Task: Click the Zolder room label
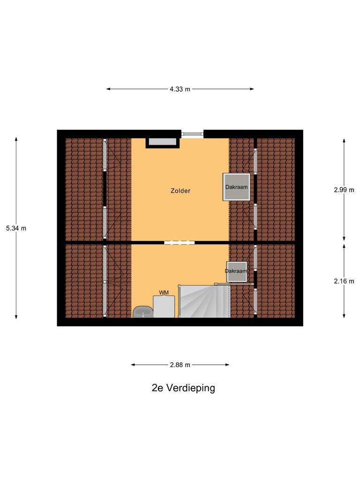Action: coord(180,191)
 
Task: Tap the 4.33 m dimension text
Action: coord(180,89)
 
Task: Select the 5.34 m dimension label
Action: coord(16,228)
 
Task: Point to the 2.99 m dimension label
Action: coord(344,190)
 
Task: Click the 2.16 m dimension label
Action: coord(344,281)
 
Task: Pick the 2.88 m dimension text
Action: coord(180,365)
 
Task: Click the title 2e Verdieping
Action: coord(183,388)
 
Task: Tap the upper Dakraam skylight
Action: coord(236,187)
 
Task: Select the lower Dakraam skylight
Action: coord(236,271)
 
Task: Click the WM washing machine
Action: coord(164,306)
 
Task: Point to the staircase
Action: coord(204,301)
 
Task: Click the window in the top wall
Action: coord(193,134)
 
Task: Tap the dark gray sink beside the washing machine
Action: coord(142,312)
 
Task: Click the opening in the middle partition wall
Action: coord(179,242)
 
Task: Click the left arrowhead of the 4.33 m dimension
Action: coord(108,89)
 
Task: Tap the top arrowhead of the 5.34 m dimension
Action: coord(16,139)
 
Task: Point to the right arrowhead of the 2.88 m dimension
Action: coord(228,365)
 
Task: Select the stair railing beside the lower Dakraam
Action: coord(233,284)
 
